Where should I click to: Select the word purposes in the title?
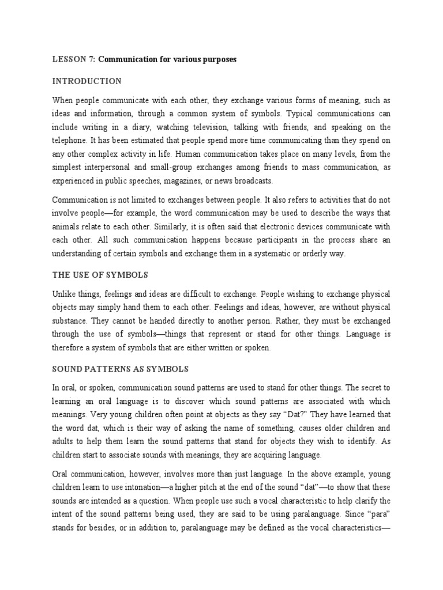click(x=217, y=60)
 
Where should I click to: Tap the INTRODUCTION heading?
click(x=87, y=81)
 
